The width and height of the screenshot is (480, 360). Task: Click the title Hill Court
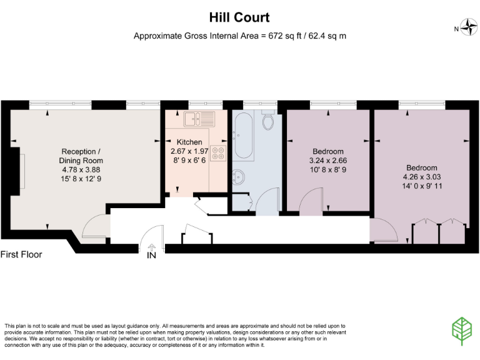[x=240, y=18]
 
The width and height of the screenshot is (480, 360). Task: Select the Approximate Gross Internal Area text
[x=240, y=36]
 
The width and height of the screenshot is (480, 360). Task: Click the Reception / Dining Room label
[x=79, y=156]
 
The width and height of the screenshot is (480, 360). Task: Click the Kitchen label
[x=189, y=142]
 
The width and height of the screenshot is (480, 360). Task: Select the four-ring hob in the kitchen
[x=218, y=154]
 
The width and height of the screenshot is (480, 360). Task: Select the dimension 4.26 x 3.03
[x=422, y=177]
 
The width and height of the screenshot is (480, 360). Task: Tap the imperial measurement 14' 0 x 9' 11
[x=422, y=186]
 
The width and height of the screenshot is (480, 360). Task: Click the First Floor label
[x=21, y=254]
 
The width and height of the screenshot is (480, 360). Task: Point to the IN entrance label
[x=151, y=255]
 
